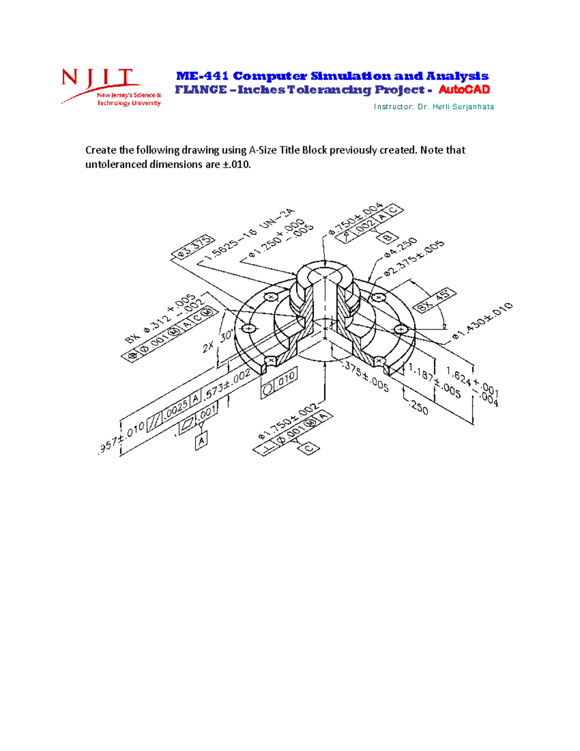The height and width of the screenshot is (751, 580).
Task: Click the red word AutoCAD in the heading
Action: pyautogui.click(x=464, y=89)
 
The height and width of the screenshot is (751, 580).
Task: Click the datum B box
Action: pyautogui.click(x=387, y=237)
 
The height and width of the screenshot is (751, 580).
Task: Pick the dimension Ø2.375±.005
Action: pyautogui.click(x=414, y=259)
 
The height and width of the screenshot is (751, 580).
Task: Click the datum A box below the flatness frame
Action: pyautogui.click(x=202, y=441)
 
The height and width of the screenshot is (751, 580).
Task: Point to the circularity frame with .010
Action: pyautogui.click(x=279, y=384)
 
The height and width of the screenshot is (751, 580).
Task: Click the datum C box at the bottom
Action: pyautogui.click(x=309, y=448)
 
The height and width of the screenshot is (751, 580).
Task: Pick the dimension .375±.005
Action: pyautogui.click(x=365, y=377)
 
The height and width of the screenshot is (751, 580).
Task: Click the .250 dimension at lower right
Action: pyautogui.click(x=418, y=408)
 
